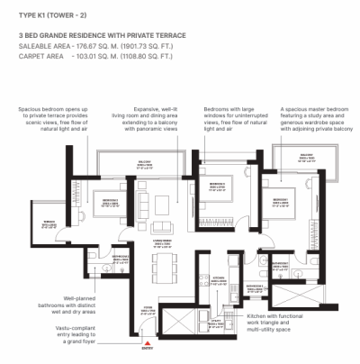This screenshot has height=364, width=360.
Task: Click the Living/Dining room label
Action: [162, 241]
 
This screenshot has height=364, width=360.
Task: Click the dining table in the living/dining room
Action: [163, 268]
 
